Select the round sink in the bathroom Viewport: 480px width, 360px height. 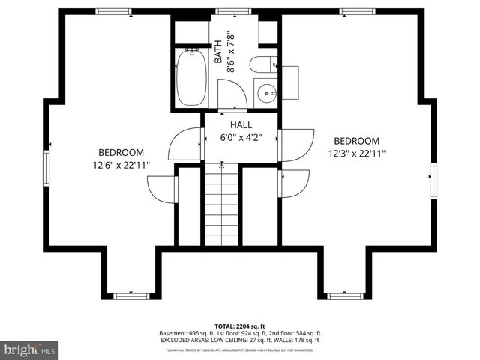267,94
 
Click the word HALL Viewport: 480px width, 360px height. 241,125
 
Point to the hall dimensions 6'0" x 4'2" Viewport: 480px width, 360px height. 241,138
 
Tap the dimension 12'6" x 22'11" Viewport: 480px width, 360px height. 121,164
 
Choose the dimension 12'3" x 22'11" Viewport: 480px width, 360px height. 356,154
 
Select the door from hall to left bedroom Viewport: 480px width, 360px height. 186,144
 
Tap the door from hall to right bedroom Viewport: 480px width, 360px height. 296,145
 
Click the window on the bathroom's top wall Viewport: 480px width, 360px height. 222,12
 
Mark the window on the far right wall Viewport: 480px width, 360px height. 433,181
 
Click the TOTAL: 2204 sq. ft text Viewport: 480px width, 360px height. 240,326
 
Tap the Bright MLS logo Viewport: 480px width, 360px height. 30,349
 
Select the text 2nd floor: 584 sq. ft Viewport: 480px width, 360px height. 296,333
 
